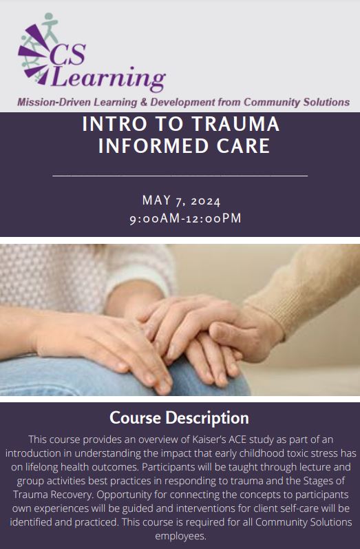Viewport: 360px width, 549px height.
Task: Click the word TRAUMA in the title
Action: pos(236,124)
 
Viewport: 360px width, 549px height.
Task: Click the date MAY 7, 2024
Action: pos(181,200)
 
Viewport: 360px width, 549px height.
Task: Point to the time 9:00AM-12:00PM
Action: pos(185,218)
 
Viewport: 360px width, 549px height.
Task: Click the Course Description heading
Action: pos(180,417)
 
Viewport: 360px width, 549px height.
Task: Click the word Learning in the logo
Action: pos(109,78)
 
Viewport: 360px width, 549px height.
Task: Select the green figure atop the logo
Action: pos(50,27)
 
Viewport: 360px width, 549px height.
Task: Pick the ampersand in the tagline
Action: pos(143,102)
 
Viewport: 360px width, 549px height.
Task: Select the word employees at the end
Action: pos(180,536)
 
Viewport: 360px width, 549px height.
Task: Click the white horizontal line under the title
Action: pos(180,176)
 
